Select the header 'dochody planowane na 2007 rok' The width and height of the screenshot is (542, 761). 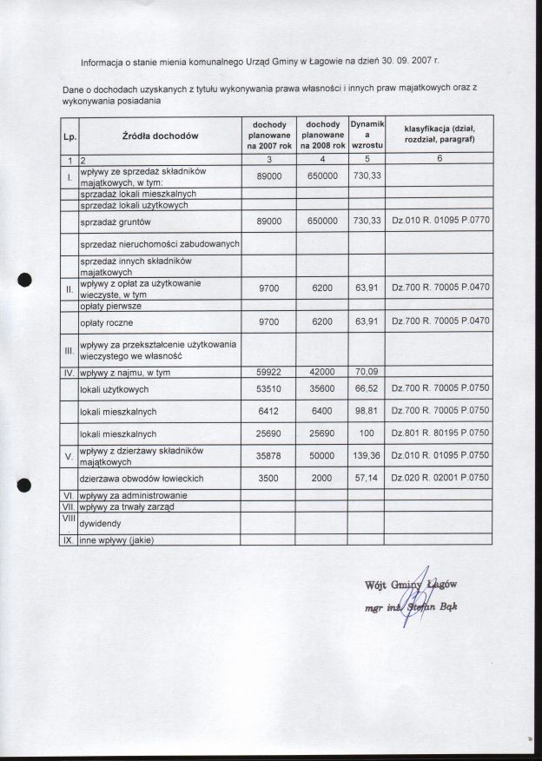click(268, 136)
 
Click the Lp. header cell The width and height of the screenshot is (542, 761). click(69, 136)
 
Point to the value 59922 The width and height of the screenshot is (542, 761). click(269, 373)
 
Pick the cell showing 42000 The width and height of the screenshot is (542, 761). click(322, 373)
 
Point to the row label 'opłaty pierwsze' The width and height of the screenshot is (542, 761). click(110, 307)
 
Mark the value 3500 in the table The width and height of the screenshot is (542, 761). click(269, 478)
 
